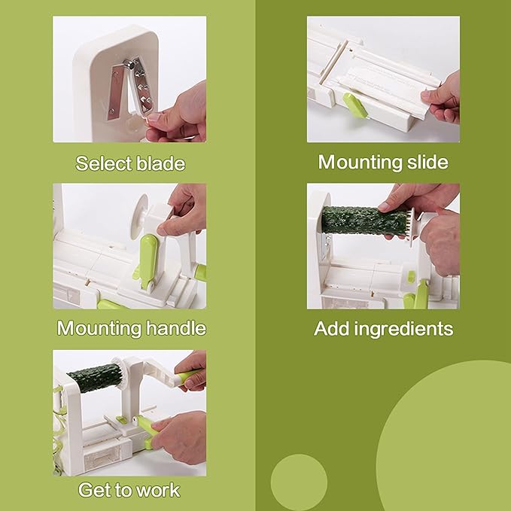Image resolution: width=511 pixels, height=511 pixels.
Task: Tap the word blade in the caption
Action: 160,163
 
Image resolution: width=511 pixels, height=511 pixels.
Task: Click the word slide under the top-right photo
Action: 427,162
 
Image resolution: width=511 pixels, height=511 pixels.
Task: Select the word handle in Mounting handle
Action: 176,327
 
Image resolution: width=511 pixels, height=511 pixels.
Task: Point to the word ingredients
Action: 403,329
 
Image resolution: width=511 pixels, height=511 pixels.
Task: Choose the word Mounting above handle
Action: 99,328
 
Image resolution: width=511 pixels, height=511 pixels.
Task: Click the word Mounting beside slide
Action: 360,163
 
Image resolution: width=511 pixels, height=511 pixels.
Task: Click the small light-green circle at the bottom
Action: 299,482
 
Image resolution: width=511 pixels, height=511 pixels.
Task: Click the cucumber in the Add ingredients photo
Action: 364,220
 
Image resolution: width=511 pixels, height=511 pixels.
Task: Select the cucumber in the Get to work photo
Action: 94,377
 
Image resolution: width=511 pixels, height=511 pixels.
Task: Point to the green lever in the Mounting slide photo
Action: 355,105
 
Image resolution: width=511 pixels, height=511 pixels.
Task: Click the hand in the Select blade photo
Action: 178,114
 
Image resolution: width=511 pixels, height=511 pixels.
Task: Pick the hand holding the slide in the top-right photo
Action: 443,98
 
